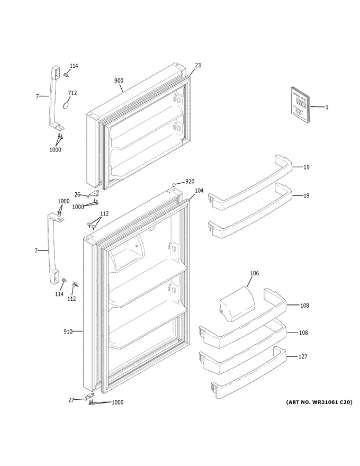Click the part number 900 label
119,80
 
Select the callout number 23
198,65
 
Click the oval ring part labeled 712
67,105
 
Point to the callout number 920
190,181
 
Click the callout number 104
199,191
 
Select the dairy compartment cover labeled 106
237,304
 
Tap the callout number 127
303,356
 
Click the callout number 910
68,331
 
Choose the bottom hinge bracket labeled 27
91,397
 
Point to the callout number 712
72,93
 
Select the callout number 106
254,273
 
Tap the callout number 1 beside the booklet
327,107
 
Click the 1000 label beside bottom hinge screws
118,402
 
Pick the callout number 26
77,195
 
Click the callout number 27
71,400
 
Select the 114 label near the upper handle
74,66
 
